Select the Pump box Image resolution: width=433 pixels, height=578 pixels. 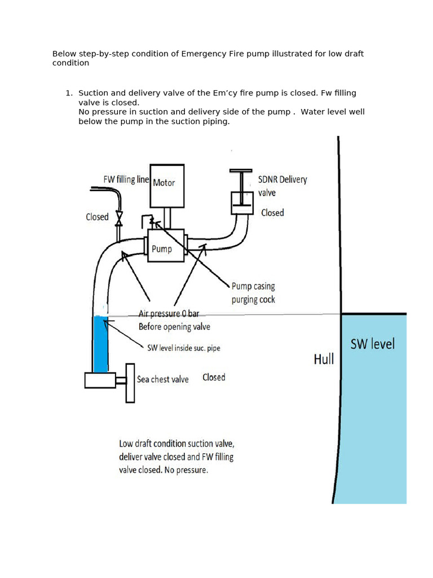pyautogui.click(x=166, y=246)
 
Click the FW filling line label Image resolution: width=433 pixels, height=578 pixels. pyautogui.click(x=126, y=179)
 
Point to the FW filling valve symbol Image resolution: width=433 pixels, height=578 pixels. pyautogui.click(x=119, y=217)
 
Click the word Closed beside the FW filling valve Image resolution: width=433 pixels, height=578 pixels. pyautogui.click(x=97, y=217)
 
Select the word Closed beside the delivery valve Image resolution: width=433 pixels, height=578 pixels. pyautogui.click(x=272, y=213)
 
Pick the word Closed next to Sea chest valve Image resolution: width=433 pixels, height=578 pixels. pyautogui.click(x=214, y=378)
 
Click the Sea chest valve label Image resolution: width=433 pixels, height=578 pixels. pyautogui.click(x=162, y=379)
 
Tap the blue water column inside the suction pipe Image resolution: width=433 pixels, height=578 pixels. pyautogui.click(x=100, y=344)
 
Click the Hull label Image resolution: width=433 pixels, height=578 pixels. pyautogui.click(x=324, y=359)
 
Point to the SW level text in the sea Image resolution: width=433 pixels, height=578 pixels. pyautogui.click(x=373, y=344)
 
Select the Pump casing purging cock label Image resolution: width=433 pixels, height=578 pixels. pyautogui.click(x=253, y=292)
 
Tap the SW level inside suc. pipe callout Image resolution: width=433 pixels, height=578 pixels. pyautogui.click(x=183, y=348)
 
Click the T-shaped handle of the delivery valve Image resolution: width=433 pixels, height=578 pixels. pyautogui.click(x=242, y=170)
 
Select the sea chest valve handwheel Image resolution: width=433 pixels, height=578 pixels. pyautogui.click(x=130, y=383)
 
